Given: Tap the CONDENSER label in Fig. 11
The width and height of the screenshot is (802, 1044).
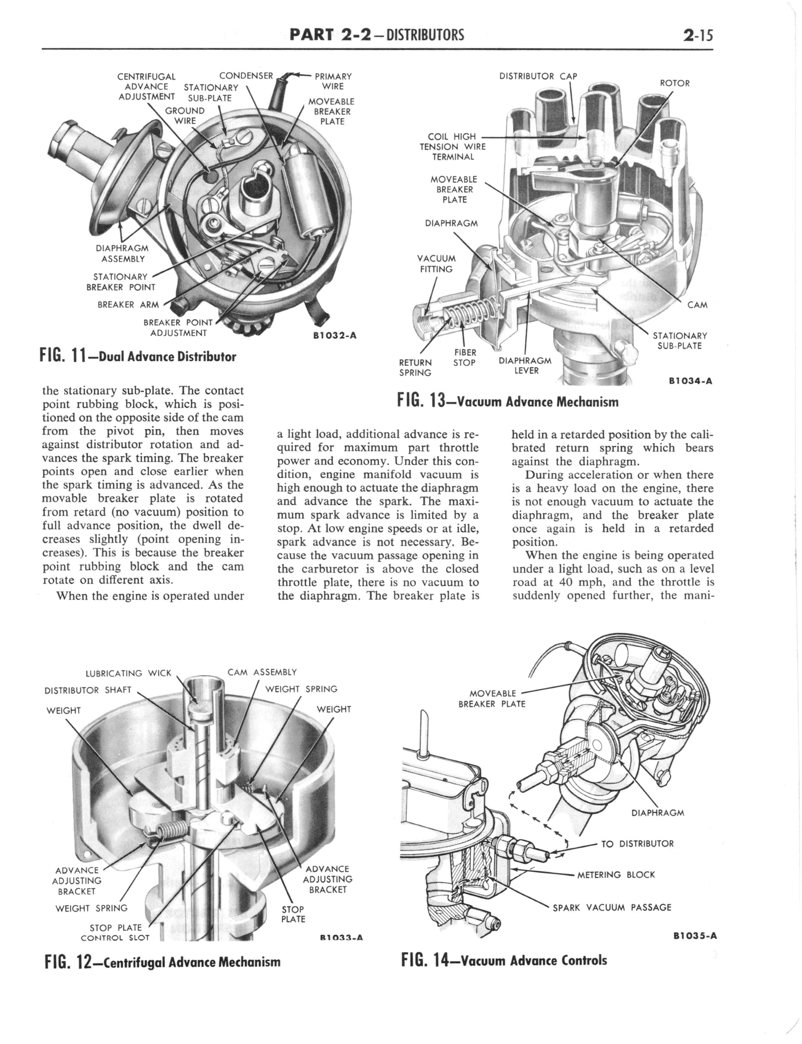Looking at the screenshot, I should click(246, 75).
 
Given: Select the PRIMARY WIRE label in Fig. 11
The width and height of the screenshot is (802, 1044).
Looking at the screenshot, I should click(333, 81).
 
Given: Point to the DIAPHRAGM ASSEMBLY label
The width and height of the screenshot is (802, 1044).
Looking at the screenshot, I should click(122, 253).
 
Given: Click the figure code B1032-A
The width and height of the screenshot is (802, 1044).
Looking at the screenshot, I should click(335, 335).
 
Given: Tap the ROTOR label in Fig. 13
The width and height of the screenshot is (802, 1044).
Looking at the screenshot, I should click(675, 83).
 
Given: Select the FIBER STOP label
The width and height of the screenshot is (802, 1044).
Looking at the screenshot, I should click(464, 357).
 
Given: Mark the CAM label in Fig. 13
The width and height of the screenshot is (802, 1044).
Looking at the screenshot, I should click(697, 305).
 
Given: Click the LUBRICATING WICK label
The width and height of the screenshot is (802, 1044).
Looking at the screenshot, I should click(128, 673).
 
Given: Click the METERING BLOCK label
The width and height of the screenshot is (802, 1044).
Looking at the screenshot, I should click(616, 875).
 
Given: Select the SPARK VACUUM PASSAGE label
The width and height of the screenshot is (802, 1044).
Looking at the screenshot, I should click(612, 907).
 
